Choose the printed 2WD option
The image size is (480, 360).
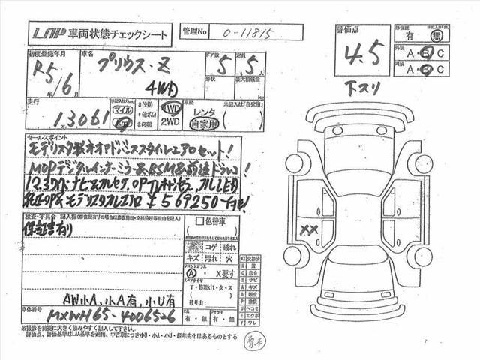click(x=172, y=120)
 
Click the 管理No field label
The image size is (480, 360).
click(x=194, y=33)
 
